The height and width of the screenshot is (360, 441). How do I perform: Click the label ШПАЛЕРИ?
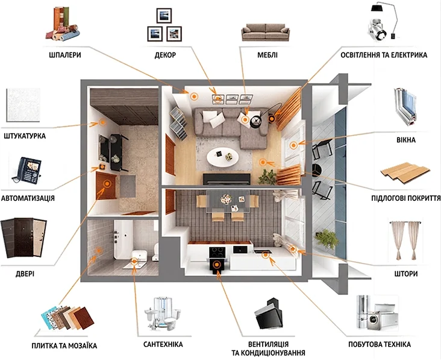pyautogui.click(x=65, y=55)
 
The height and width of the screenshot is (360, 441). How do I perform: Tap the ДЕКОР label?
pyautogui.click(x=165, y=55)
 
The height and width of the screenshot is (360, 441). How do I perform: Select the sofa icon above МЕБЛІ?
pyautogui.click(x=266, y=33)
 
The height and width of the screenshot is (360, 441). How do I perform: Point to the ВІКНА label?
pyautogui.click(x=406, y=140)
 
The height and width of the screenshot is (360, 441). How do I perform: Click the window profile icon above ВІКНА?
pyautogui.click(x=405, y=107)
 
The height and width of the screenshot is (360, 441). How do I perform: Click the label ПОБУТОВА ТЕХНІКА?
pyautogui.click(x=380, y=344)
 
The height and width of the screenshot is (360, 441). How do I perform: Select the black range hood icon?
pyautogui.click(x=269, y=314)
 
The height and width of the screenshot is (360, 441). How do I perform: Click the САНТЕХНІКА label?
pyautogui.click(x=163, y=344)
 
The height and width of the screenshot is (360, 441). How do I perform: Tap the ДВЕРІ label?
pyautogui.click(x=25, y=273)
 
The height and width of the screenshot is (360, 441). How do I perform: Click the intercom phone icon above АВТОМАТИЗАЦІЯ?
pyautogui.click(x=27, y=171)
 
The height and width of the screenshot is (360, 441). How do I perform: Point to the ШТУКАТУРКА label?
pyautogui.click(x=25, y=136)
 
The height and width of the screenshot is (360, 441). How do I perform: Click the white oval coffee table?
pyautogui.click(x=222, y=157)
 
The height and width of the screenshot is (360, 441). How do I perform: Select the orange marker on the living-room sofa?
pyautogui.click(x=245, y=120)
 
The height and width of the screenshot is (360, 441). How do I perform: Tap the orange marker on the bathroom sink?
pyautogui.click(x=134, y=261)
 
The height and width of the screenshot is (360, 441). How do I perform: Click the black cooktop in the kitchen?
pyautogui.click(x=217, y=252)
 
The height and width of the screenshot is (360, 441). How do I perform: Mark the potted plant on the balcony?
pyautogui.click(x=327, y=239)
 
